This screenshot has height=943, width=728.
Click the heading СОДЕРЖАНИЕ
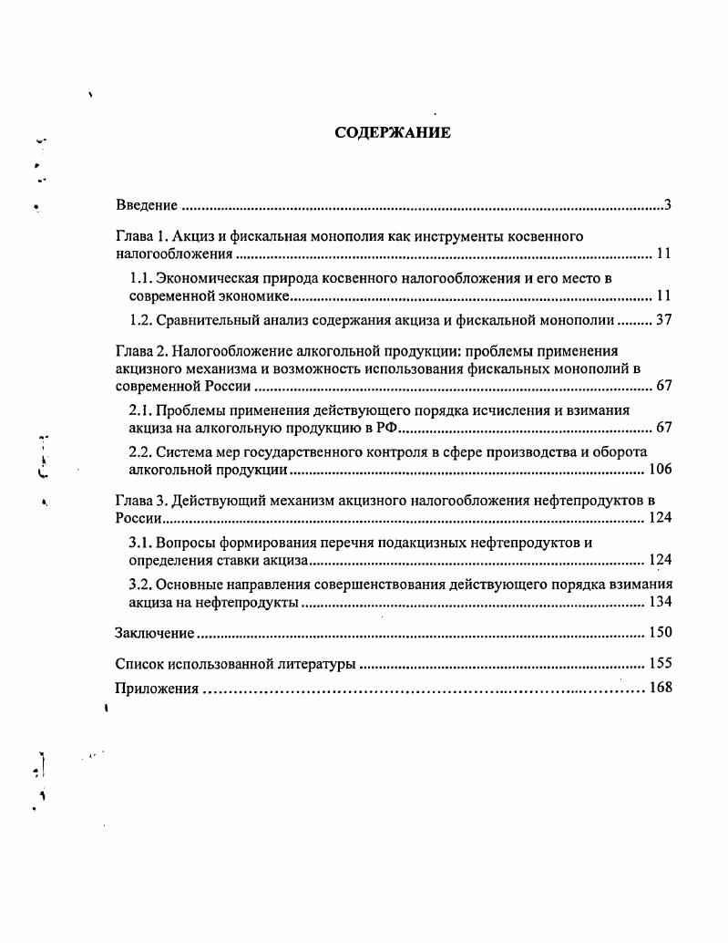coord(393,133)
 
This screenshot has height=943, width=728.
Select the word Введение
coord(147,205)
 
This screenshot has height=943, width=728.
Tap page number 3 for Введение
coord(668,204)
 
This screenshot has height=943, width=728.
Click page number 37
coord(663,320)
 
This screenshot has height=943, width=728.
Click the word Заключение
coord(155,633)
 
